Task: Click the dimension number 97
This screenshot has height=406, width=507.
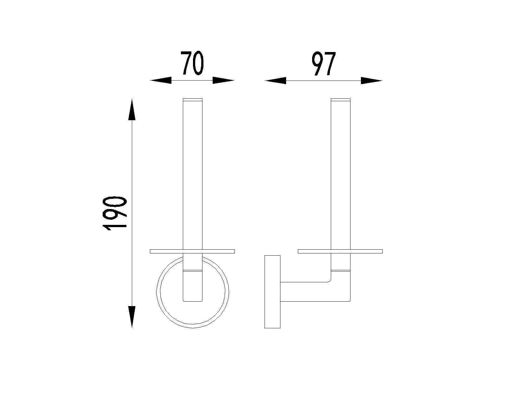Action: [324, 64]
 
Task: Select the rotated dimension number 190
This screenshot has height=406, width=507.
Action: [115, 213]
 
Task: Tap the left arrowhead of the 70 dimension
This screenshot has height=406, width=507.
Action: [161, 81]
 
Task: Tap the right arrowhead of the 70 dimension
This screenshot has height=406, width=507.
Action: [223, 81]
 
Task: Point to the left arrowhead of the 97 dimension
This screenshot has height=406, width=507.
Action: [275, 81]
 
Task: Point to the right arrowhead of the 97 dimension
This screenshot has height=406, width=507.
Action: [371, 81]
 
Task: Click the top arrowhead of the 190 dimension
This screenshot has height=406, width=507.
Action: [132, 109]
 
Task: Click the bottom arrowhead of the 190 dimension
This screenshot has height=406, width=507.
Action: [132, 317]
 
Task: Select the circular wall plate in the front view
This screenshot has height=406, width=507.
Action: [157, 292]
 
